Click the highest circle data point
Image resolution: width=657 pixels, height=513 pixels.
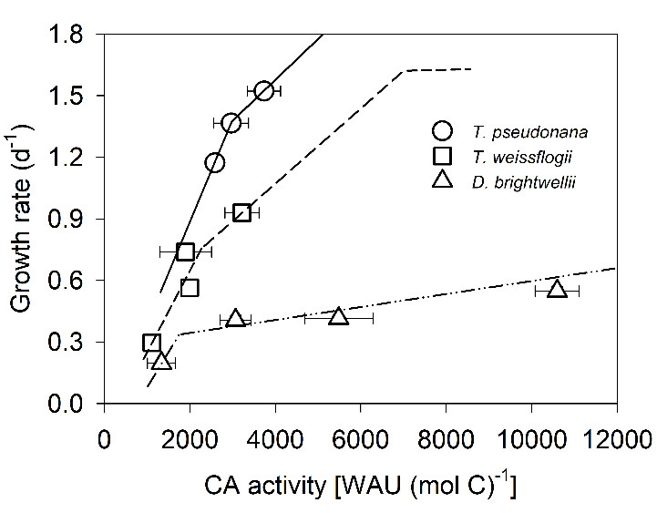(263, 90)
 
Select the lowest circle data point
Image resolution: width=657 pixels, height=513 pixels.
(215, 162)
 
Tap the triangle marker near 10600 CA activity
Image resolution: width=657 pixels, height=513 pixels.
(557, 289)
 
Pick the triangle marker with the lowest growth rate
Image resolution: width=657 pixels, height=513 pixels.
(161, 362)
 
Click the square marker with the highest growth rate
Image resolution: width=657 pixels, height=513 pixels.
(241, 212)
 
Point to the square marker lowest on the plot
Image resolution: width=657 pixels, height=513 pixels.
(151, 343)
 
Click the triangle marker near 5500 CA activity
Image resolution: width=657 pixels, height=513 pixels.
(339, 316)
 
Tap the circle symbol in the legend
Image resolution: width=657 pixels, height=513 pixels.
(440, 130)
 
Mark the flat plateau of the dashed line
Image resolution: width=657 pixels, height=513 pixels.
(437, 69)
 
